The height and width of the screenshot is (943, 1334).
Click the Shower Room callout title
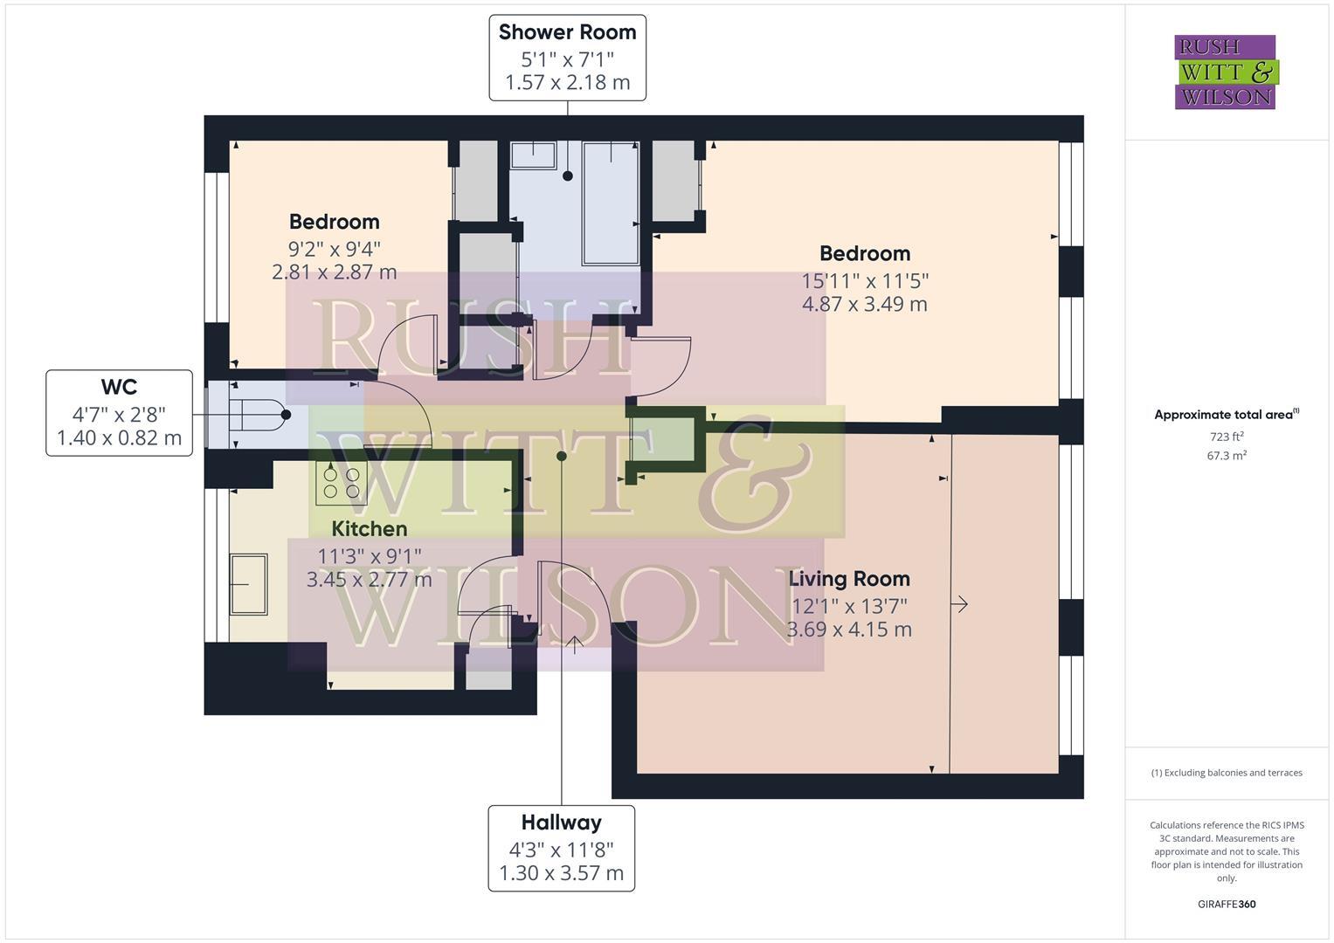tap(567, 32)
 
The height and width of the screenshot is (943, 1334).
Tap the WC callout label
tap(119, 387)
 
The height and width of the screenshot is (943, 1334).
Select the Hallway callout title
tap(561, 822)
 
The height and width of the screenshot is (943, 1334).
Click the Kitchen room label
tap(369, 528)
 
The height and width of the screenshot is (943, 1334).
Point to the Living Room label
tap(848, 578)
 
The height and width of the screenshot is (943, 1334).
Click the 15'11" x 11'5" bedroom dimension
tap(864, 280)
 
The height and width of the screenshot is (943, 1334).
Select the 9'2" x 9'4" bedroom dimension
tap(334, 248)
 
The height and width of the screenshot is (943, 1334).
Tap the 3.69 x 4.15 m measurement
tap(848, 629)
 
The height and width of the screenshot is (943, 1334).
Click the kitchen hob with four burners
tap(341, 483)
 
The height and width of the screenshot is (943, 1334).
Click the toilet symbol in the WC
tap(258, 416)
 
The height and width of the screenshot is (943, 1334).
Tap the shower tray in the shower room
tap(610, 203)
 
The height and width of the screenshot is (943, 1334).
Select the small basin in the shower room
tap(533, 155)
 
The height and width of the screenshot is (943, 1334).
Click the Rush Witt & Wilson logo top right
tap(1225, 72)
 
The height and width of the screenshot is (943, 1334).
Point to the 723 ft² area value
tap(1226, 437)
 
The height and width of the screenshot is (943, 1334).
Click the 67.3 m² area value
tap(1226, 456)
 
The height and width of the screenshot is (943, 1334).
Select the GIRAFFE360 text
tap(1226, 904)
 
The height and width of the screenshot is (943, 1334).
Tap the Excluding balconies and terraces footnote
tap(1226, 773)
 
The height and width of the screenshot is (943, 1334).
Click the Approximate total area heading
tap(1226, 415)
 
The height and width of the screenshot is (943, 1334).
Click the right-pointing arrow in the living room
tap(959, 604)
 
